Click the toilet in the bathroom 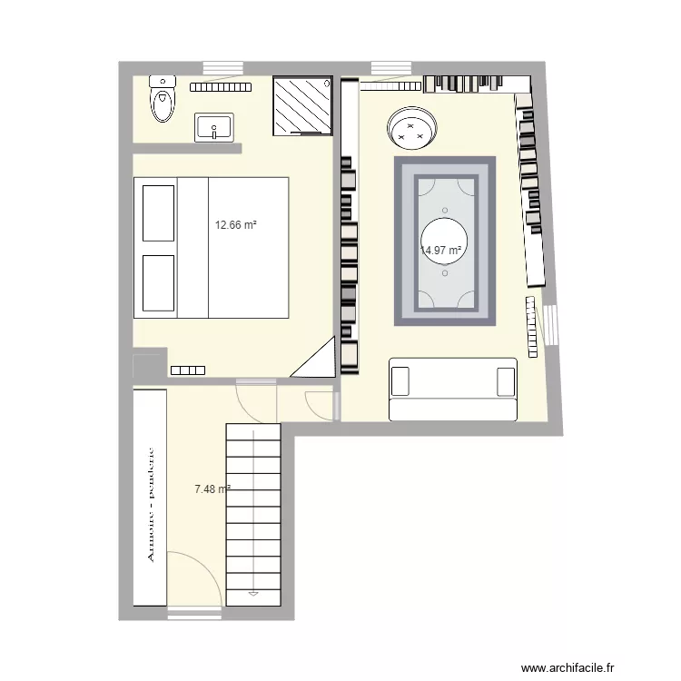point(163,98)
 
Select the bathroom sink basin point(214,128)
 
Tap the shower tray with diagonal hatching point(301,105)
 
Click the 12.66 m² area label point(235,224)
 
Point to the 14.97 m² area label point(442,251)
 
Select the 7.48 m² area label point(212,489)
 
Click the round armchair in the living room point(412,129)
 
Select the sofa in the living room point(453,389)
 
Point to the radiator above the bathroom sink point(220,87)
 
